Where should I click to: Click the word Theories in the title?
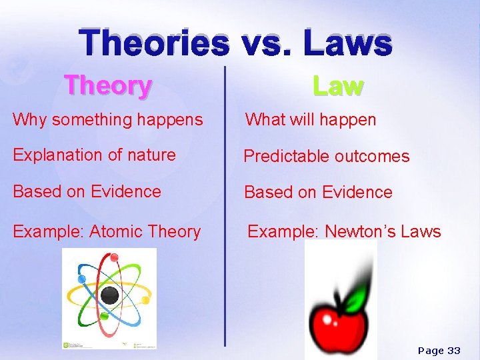[154, 43]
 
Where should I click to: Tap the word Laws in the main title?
[347, 43]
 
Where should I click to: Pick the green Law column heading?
[338, 85]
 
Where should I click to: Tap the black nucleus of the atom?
[109, 295]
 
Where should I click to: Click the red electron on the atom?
[114, 257]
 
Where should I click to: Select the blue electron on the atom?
[82, 279]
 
